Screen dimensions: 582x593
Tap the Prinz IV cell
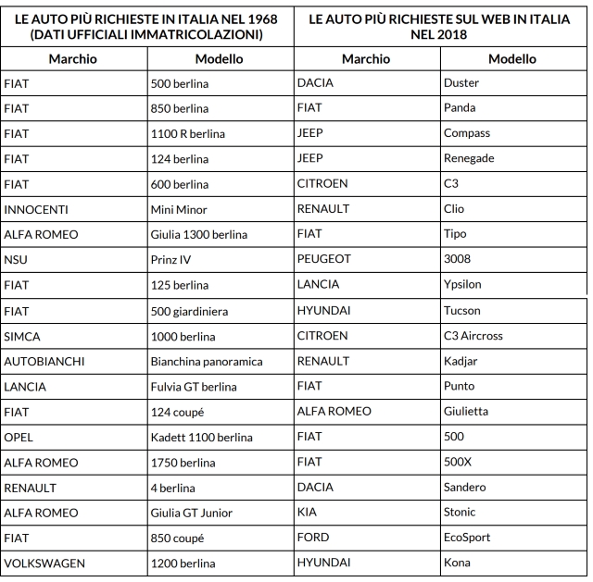[170, 260]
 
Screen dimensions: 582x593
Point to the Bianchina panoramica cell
[207, 361]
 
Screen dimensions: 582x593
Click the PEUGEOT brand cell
[323, 260]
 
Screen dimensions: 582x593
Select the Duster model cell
[461, 82]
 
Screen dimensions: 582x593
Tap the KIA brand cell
[308, 512]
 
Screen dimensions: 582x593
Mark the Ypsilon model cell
[464, 284]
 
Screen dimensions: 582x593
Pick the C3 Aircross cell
[473, 335]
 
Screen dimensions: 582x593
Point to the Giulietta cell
[468, 411]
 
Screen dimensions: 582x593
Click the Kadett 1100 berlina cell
[201, 436]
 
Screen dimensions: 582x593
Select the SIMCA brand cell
[24, 335]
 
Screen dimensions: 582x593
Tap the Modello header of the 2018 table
[512, 58]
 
